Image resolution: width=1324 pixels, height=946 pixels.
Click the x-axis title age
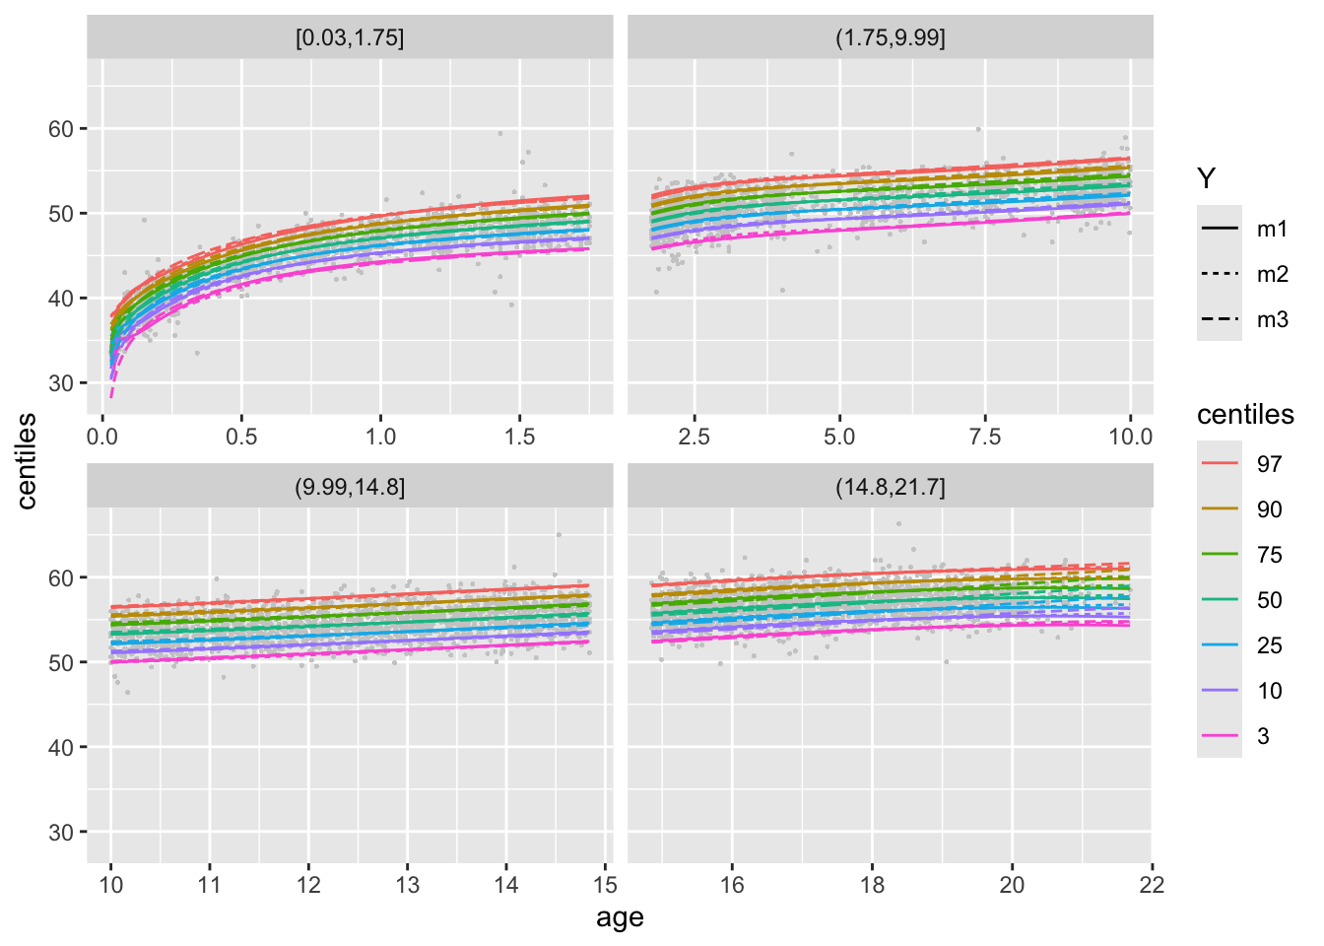pyautogui.click(x=620, y=917)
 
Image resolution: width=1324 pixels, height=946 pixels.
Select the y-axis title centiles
pyautogui.click(x=27, y=461)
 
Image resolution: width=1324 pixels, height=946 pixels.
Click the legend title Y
pyautogui.click(x=1206, y=178)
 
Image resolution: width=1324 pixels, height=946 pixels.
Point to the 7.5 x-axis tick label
pyautogui.click(x=984, y=437)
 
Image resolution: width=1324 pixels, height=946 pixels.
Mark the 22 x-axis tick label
pyautogui.click(x=1152, y=884)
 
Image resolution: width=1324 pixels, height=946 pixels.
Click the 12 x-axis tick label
pyautogui.click(x=308, y=884)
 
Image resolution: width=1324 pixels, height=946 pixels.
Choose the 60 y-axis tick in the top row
pyautogui.click(x=61, y=129)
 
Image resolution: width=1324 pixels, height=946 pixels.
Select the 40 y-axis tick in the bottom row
pyautogui.click(x=61, y=748)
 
